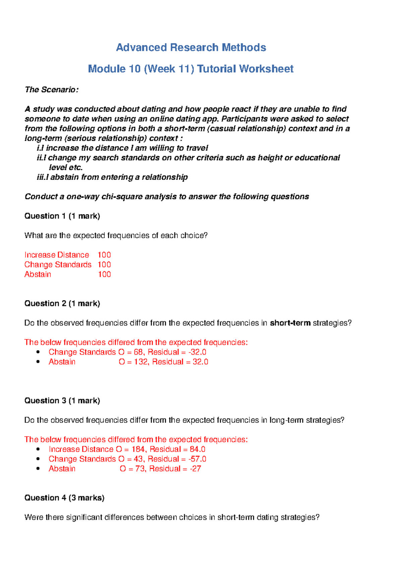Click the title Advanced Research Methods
tap(191, 48)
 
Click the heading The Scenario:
tap(52, 90)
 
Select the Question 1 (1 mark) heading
tap(62, 216)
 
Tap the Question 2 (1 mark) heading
tap(62, 303)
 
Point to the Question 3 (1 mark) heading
tap(62, 401)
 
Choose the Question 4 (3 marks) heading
tap(64, 498)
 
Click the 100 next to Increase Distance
tap(104, 255)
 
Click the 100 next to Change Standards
tap(104, 265)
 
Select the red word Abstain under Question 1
tap(38, 274)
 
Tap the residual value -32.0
tap(197, 352)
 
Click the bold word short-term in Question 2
tap(290, 323)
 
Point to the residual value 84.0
tap(197, 449)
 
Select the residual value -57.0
tap(197, 459)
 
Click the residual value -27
tap(195, 469)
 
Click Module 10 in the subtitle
tap(114, 69)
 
